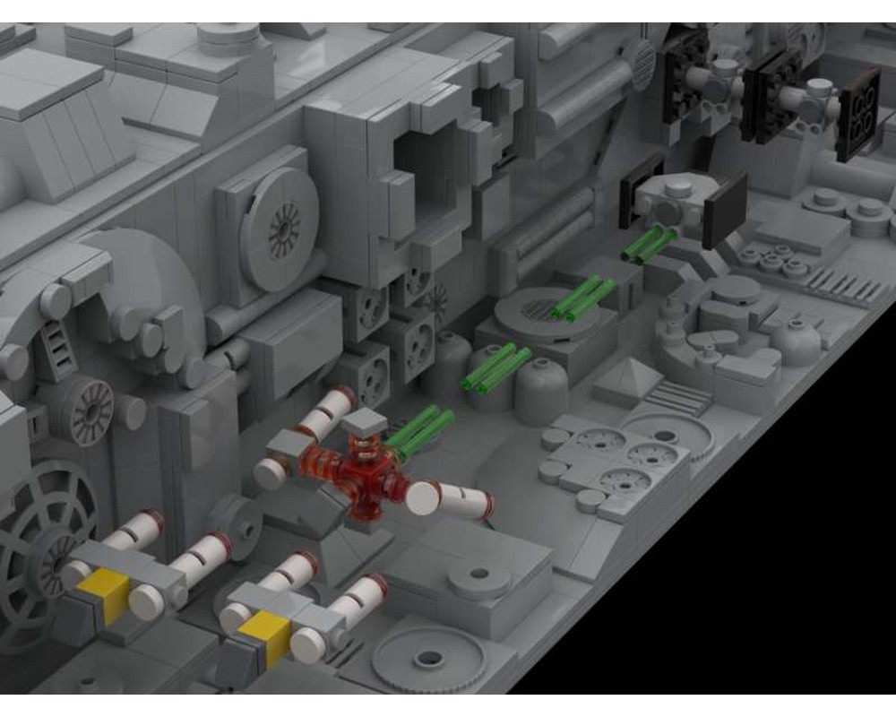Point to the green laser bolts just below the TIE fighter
click(647, 246)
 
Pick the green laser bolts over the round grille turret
click(582, 298)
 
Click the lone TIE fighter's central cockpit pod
click(681, 202)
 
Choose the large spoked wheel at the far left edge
click(36, 538)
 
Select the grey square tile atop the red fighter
click(364, 421)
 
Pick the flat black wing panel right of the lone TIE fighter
click(724, 211)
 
